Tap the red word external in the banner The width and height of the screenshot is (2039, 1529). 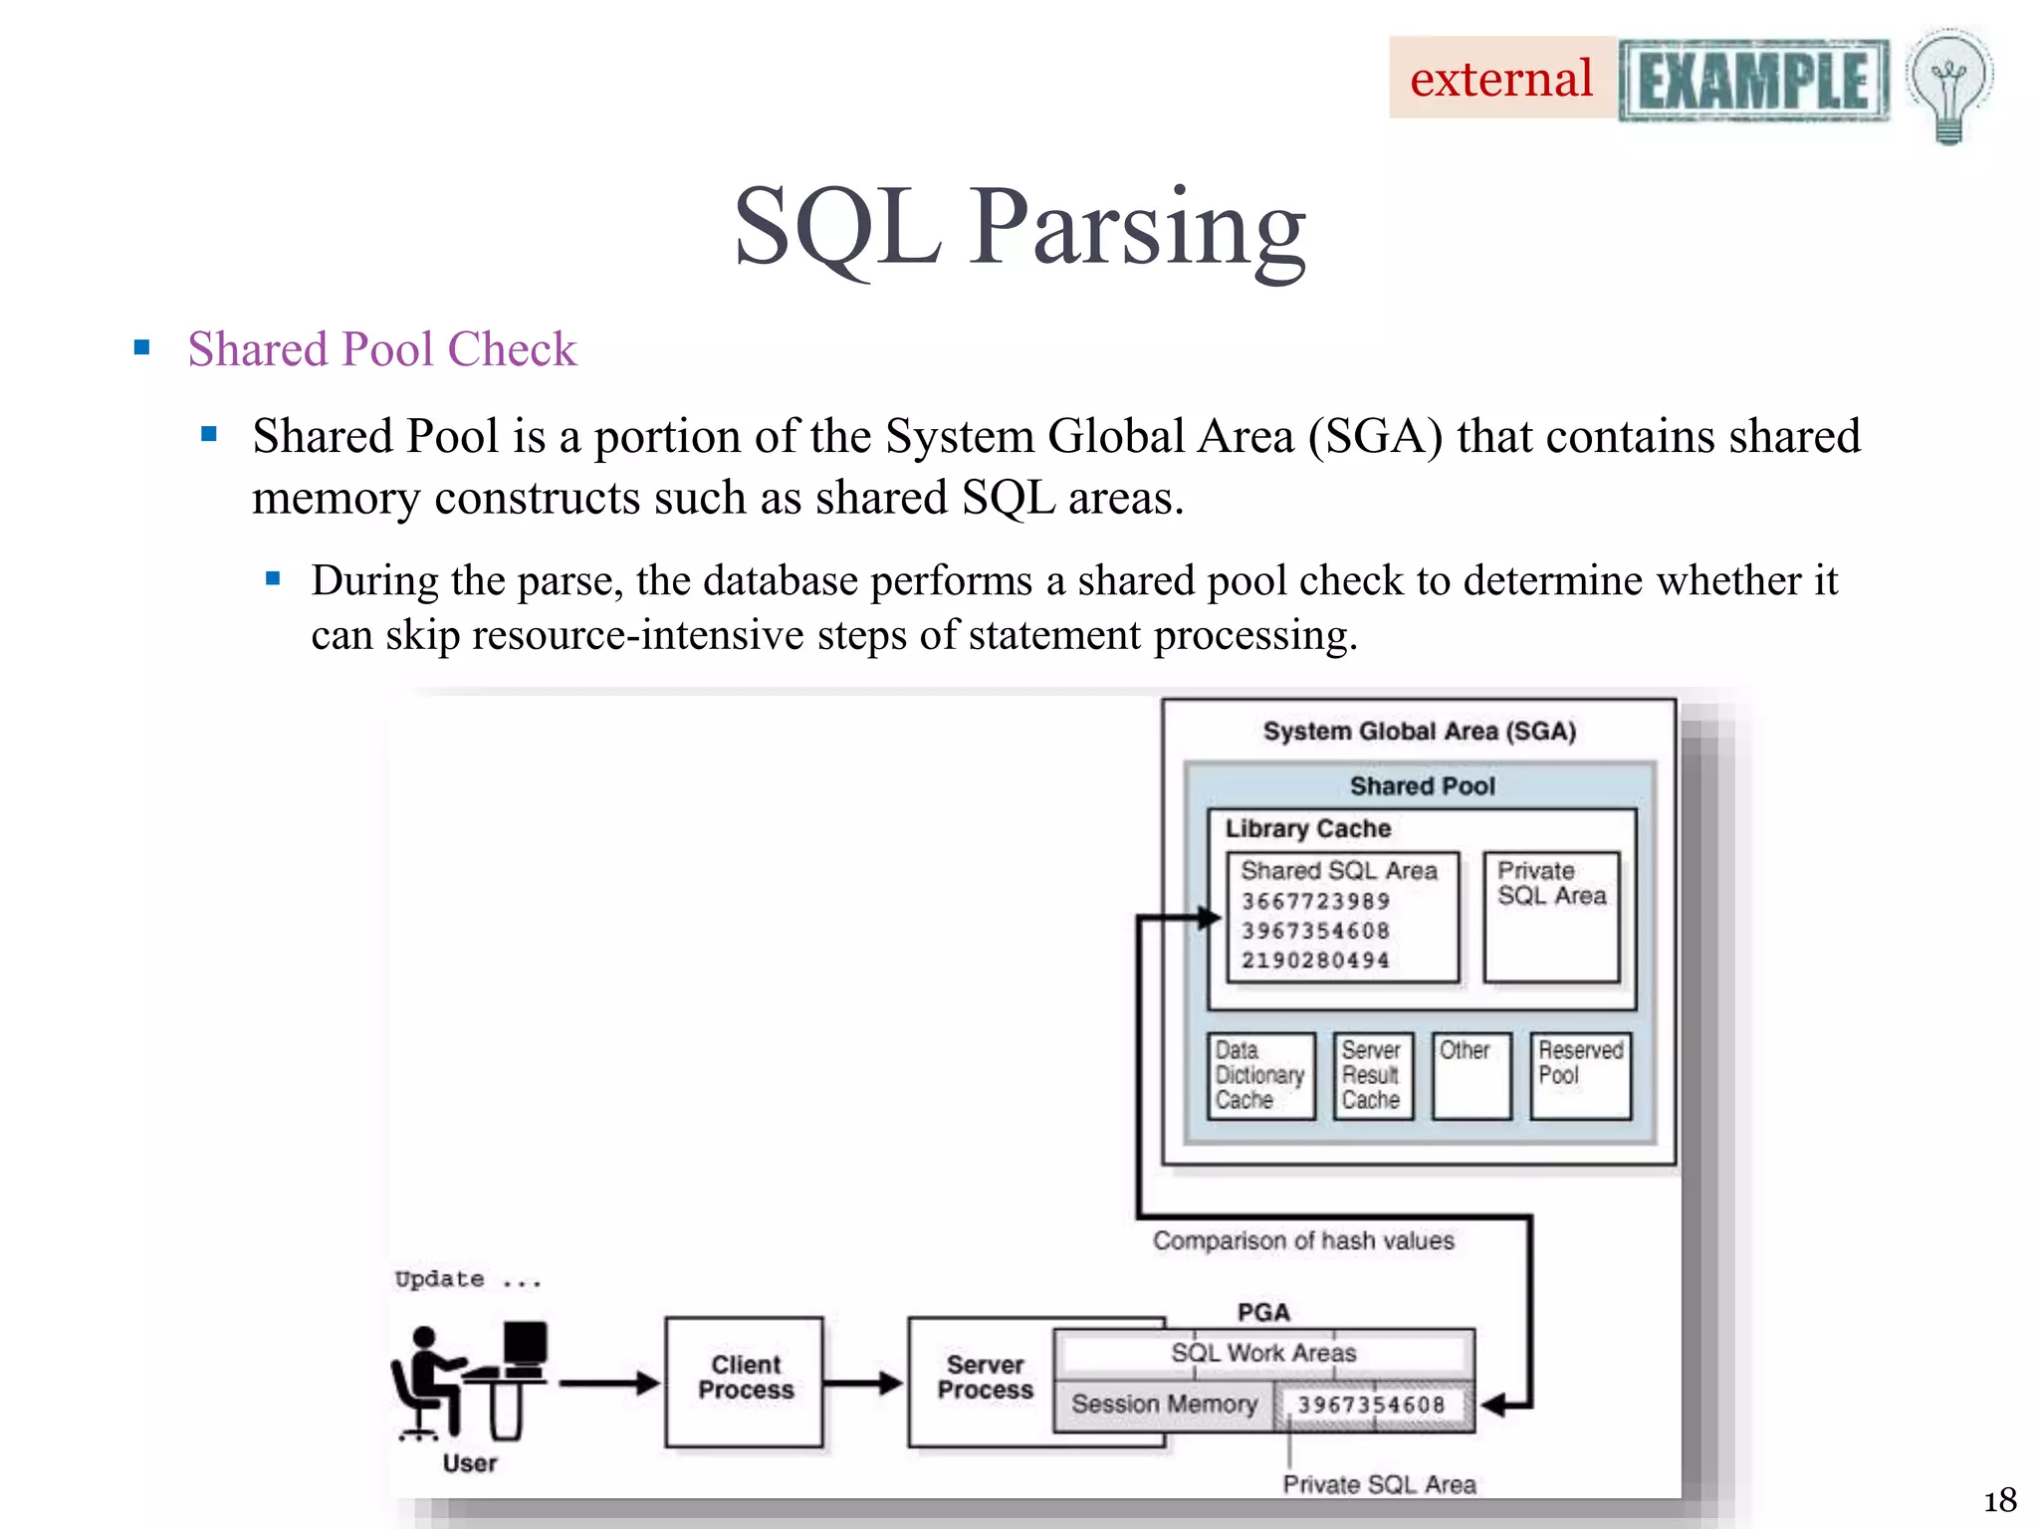[x=1500, y=79]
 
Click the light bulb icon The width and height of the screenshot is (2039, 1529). [x=1948, y=86]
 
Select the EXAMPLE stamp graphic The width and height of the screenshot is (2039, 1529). [x=1753, y=81]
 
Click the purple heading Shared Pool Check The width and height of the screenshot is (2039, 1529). [x=381, y=349]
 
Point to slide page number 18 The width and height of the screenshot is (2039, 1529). [x=1999, y=1499]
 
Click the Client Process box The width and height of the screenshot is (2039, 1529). [x=745, y=1381]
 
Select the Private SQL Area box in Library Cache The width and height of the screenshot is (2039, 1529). [x=1551, y=916]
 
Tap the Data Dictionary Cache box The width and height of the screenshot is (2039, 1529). [x=1260, y=1076]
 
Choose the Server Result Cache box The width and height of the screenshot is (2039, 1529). [x=1372, y=1076]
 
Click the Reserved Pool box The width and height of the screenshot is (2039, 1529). [x=1580, y=1076]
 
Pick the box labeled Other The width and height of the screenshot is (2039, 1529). [x=1472, y=1076]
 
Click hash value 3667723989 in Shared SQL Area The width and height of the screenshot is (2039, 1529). [x=1315, y=901]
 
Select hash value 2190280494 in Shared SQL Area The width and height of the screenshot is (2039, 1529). [x=1315, y=961]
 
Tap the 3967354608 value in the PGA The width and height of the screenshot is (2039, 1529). [x=1371, y=1405]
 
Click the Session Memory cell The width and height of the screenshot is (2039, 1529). [x=1164, y=1405]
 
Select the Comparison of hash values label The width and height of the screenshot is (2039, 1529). [x=1303, y=1240]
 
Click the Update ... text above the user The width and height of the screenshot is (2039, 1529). [x=468, y=1279]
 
